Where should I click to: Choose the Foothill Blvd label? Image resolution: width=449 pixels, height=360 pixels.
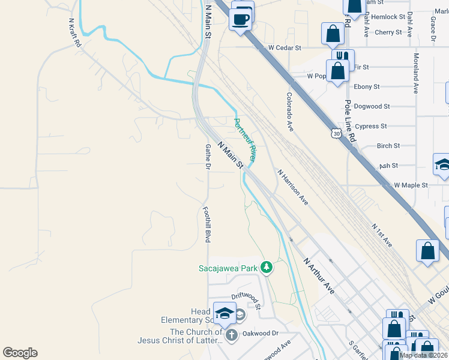pyautogui.click(x=206, y=224)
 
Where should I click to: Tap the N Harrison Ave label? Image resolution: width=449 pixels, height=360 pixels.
pyautogui.click(x=293, y=187)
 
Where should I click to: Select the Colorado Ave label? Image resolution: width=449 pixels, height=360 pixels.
pyautogui.click(x=289, y=111)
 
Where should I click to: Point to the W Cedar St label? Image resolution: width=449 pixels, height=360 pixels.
pyautogui.click(x=284, y=47)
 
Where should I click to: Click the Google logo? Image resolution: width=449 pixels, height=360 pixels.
pyautogui.click(x=20, y=353)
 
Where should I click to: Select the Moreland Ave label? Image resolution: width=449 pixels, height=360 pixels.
pyautogui.click(x=415, y=73)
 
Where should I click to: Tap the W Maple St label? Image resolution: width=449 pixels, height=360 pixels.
pyautogui.click(x=411, y=185)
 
